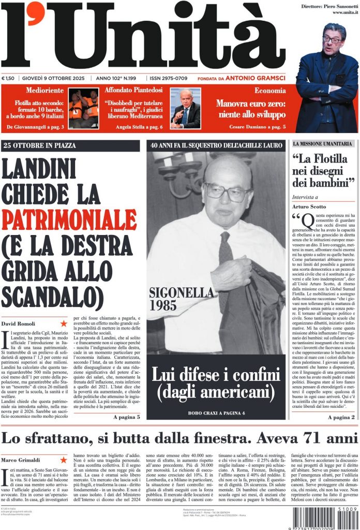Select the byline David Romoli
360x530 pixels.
click(x=18, y=323)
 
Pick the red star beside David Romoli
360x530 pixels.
click(x=64, y=323)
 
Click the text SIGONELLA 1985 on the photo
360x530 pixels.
click(x=174, y=298)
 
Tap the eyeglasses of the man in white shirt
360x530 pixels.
click(x=227, y=193)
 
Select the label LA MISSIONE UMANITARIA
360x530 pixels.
click(x=323, y=143)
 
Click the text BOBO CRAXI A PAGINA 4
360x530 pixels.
click(x=216, y=413)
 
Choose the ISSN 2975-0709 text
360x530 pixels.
click(x=169, y=78)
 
